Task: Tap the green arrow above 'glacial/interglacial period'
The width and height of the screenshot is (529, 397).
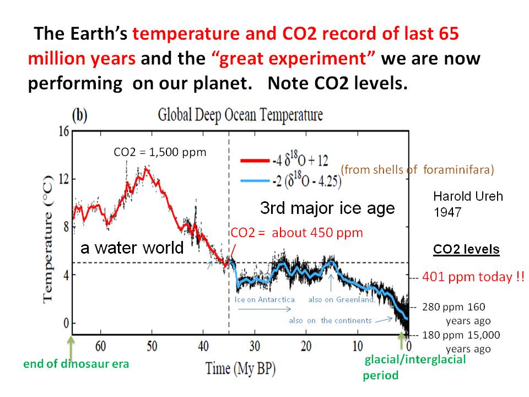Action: (401, 341)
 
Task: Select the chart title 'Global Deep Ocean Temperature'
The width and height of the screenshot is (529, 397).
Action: (240, 115)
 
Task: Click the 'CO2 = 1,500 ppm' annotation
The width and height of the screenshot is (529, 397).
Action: (160, 152)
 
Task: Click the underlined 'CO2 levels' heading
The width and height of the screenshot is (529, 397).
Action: (466, 249)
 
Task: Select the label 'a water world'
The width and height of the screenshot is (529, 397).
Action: (132, 248)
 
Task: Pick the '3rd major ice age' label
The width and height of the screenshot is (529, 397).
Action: (327, 208)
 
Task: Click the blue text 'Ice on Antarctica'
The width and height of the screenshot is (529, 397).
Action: (264, 299)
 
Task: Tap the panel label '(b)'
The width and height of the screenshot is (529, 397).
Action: (80, 116)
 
